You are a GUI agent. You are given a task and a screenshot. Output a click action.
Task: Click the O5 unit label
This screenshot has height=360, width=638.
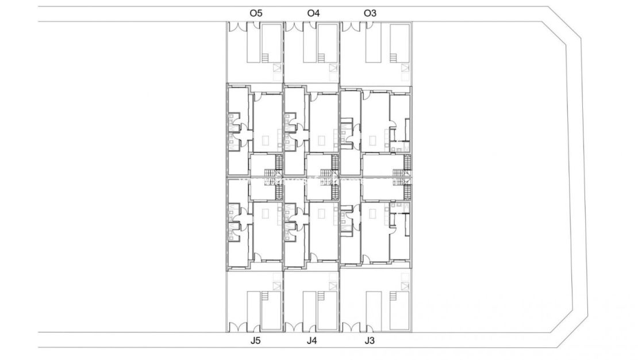click(256, 13)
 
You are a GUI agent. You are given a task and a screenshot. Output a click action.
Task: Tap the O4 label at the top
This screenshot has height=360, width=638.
click(313, 13)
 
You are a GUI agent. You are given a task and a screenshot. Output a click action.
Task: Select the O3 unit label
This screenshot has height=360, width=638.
click(371, 13)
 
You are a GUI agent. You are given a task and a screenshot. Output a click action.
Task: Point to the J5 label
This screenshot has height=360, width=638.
click(256, 341)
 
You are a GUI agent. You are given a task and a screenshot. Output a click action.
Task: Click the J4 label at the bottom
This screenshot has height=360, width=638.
click(312, 341)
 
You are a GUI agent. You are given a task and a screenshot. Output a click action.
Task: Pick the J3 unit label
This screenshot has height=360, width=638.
click(370, 341)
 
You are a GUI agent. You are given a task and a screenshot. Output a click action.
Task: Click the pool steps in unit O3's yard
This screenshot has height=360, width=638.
click(394, 58)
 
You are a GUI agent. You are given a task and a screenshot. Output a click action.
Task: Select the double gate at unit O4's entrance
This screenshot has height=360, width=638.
click(294, 26)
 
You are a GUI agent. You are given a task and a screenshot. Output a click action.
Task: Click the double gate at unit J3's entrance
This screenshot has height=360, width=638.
click(351, 328)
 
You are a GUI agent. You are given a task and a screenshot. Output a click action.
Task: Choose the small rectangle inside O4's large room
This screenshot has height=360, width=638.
click(321, 140)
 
